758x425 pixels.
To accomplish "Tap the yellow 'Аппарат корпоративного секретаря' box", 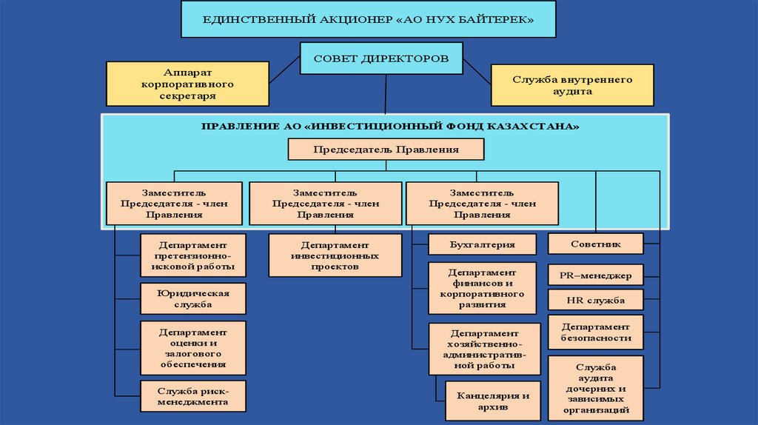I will click(187, 84).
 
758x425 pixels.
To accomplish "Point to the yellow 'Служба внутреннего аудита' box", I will click(572, 84).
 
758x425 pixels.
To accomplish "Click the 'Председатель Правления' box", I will click(386, 150).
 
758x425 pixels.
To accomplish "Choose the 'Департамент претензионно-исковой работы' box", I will click(192, 255).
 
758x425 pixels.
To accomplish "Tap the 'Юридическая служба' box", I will click(192, 298).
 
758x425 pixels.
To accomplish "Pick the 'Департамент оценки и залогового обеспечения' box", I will click(192, 347).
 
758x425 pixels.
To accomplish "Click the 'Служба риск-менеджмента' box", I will click(192, 396).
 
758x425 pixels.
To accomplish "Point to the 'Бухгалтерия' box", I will click(482, 244).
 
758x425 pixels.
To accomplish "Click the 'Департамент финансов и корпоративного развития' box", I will click(482, 287).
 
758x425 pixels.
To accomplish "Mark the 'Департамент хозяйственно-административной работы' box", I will click(482, 349).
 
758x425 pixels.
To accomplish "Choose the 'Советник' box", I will click(596, 244).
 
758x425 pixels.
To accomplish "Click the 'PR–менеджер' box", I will click(596, 275).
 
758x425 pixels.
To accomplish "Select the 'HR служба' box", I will click(596, 301).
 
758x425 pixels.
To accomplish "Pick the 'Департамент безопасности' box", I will click(596, 332).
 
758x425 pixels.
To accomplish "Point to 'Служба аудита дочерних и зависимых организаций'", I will click(596, 388).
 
